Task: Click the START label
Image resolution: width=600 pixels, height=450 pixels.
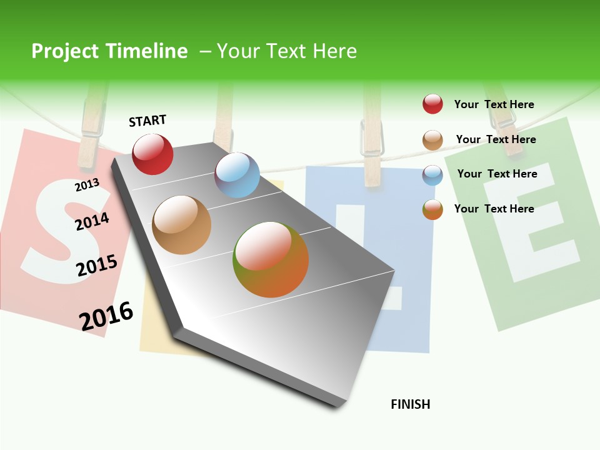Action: click(x=147, y=121)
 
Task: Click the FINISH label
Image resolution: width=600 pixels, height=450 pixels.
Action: click(x=410, y=404)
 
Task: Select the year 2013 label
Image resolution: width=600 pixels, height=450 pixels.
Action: click(x=87, y=184)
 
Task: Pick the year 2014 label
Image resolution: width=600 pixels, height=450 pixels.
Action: click(x=92, y=221)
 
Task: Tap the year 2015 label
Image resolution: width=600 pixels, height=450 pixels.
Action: click(x=97, y=266)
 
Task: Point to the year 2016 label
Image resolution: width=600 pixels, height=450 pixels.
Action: click(x=106, y=316)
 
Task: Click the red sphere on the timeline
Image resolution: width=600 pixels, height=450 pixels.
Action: click(x=152, y=154)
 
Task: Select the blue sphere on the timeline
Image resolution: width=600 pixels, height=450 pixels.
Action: click(x=237, y=175)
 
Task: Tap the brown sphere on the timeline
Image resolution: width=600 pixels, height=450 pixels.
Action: click(x=182, y=225)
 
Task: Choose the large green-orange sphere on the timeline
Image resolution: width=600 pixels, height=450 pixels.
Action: click(x=271, y=259)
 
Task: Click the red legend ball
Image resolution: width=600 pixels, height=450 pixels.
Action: click(x=432, y=104)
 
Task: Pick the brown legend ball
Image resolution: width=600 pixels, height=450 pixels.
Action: click(x=432, y=140)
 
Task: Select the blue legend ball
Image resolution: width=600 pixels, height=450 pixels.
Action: click(x=432, y=175)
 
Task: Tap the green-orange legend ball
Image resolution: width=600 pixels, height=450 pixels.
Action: click(x=432, y=209)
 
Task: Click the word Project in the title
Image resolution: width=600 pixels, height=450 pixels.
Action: click(x=66, y=51)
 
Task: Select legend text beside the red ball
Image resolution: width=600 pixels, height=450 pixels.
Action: click(x=494, y=104)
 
